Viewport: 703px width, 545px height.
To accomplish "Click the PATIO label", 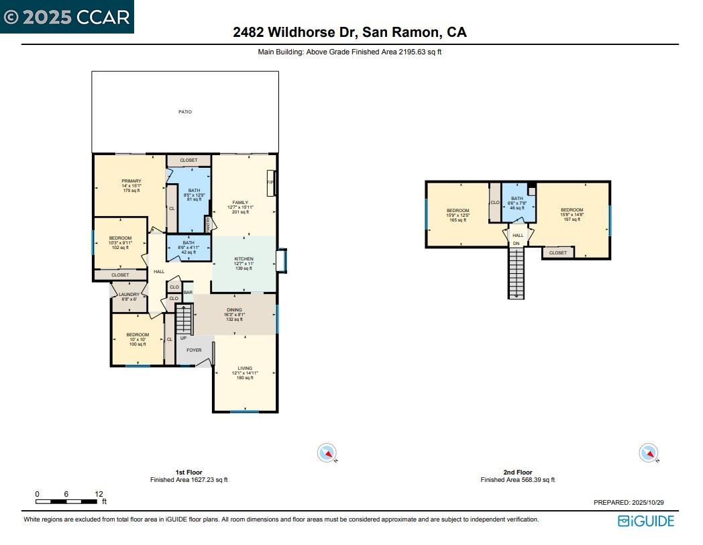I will [x=184, y=112].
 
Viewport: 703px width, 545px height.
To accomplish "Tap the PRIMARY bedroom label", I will [x=131, y=181].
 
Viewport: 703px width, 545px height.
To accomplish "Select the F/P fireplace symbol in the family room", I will [x=270, y=183].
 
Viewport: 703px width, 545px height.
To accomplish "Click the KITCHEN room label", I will [x=244, y=259].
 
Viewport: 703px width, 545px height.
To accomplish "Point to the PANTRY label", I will [x=208, y=224].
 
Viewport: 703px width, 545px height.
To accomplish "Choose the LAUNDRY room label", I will [x=129, y=295].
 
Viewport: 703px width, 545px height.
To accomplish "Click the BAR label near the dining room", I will [x=188, y=293].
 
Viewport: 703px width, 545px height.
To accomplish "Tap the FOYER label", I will [x=194, y=350].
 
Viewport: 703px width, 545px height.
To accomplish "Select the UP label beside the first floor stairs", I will [x=183, y=338].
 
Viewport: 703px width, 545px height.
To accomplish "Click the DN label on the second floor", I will [x=517, y=244].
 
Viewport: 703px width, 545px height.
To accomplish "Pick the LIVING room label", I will [x=245, y=368].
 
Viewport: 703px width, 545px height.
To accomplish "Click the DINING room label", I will [x=234, y=310].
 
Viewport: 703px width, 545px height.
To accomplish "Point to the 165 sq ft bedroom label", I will [x=458, y=211].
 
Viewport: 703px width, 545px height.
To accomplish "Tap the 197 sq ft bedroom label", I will [x=572, y=210].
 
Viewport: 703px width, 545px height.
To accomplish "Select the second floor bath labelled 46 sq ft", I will [x=517, y=199].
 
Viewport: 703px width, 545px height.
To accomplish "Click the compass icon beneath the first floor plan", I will [x=327, y=454].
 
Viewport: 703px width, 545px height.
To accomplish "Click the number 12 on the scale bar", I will [x=99, y=493].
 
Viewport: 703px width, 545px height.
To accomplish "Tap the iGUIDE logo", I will [x=646, y=521].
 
